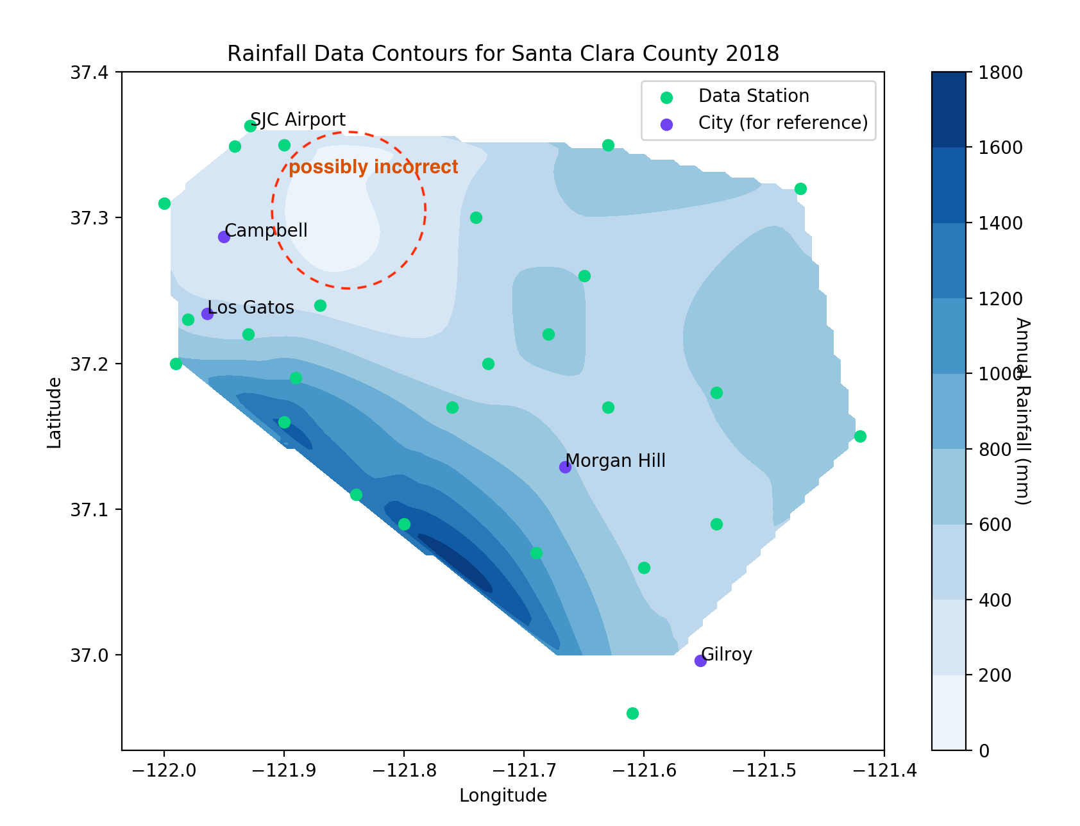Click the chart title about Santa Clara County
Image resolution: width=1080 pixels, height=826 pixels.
(x=503, y=53)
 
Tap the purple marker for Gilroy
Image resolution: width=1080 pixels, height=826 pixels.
(x=700, y=661)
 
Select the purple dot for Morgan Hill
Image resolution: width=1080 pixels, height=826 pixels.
(x=565, y=467)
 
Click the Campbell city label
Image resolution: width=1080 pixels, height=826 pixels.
(x=266, y=230)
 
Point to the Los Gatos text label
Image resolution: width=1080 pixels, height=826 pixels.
(x=251, y=308)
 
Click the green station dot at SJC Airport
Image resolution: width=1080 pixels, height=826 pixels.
(x=250, y=126)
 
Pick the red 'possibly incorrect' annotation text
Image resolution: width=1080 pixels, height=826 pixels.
(x=373, y=167)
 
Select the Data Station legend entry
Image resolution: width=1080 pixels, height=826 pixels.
(x=754, y=96)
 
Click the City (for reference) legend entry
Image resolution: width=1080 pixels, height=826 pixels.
(x=782, y=122)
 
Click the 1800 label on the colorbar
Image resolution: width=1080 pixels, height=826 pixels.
(x=1000, y=72)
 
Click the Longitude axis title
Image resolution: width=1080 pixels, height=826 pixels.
(x=503, y=796)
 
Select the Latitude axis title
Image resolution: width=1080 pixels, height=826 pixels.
(x=55, y=412)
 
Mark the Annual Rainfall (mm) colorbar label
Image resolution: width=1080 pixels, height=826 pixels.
(x=1022, y=411)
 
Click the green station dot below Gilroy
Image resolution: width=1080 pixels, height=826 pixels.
(x=632, y=713)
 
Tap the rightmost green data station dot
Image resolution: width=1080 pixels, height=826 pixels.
(x=860, y=436)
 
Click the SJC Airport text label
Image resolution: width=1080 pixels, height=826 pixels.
(x=298, y=120)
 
